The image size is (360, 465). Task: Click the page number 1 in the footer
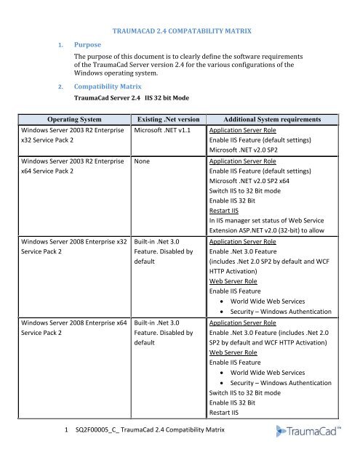pos(66,431)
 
